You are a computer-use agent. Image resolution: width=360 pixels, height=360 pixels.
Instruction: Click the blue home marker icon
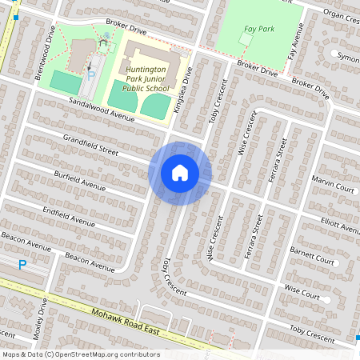tap(180, 173)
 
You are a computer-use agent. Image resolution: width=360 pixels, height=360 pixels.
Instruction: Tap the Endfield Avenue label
tap(69, 217)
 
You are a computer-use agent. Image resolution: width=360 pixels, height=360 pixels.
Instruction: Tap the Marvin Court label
tap(333, 183)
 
